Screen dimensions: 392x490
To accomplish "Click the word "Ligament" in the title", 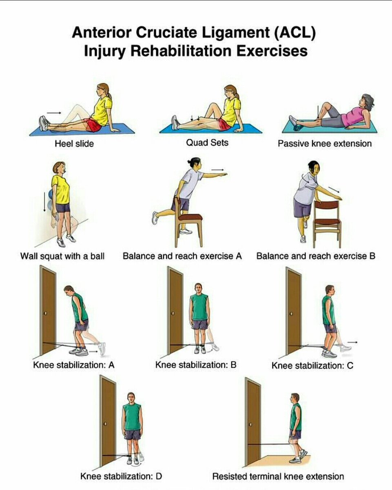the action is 236,33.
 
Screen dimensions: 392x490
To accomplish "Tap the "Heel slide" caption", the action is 74,144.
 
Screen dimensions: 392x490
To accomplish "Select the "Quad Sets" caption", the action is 207,143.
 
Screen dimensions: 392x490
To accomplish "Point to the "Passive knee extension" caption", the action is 325,144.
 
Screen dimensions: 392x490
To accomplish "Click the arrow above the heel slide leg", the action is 54,113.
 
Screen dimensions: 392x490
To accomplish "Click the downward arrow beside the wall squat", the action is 44,201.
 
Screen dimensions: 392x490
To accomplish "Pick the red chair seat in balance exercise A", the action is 190,217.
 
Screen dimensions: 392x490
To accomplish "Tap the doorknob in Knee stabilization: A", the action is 46,313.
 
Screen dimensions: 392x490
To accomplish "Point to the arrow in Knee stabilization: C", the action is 352,342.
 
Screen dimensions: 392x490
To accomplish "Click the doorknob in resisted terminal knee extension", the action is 250,424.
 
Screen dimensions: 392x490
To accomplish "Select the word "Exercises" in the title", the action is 272,51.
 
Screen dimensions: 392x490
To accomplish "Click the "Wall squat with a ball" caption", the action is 62,256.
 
